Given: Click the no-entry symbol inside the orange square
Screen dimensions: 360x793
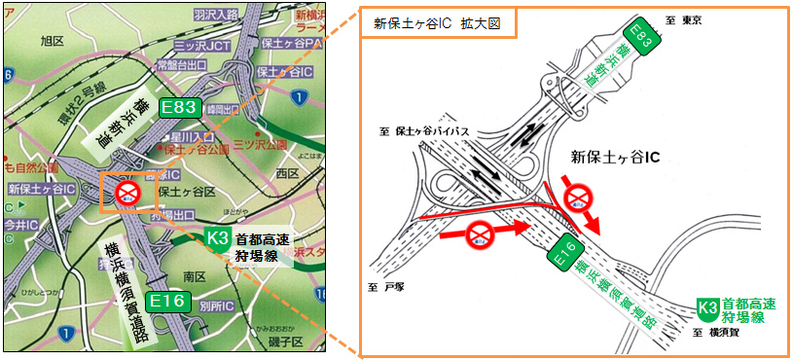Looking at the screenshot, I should (127, 192).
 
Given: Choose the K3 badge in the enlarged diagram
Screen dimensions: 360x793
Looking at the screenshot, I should (708, 308).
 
